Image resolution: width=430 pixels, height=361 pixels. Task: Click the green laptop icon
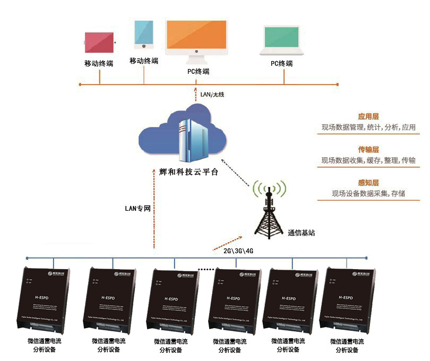point(282,41)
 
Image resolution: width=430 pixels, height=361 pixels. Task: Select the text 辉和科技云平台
point(188,173)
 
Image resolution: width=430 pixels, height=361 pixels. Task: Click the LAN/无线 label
point(212,94)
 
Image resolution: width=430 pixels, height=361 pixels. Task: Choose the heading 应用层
point(368,117)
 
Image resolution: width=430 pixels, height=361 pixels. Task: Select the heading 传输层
point(368,150)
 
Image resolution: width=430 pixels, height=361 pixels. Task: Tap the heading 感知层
point(368,183)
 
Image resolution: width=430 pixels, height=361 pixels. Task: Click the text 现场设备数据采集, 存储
point(368,193)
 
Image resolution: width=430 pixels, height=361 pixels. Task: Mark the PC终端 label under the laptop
point(281,64)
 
